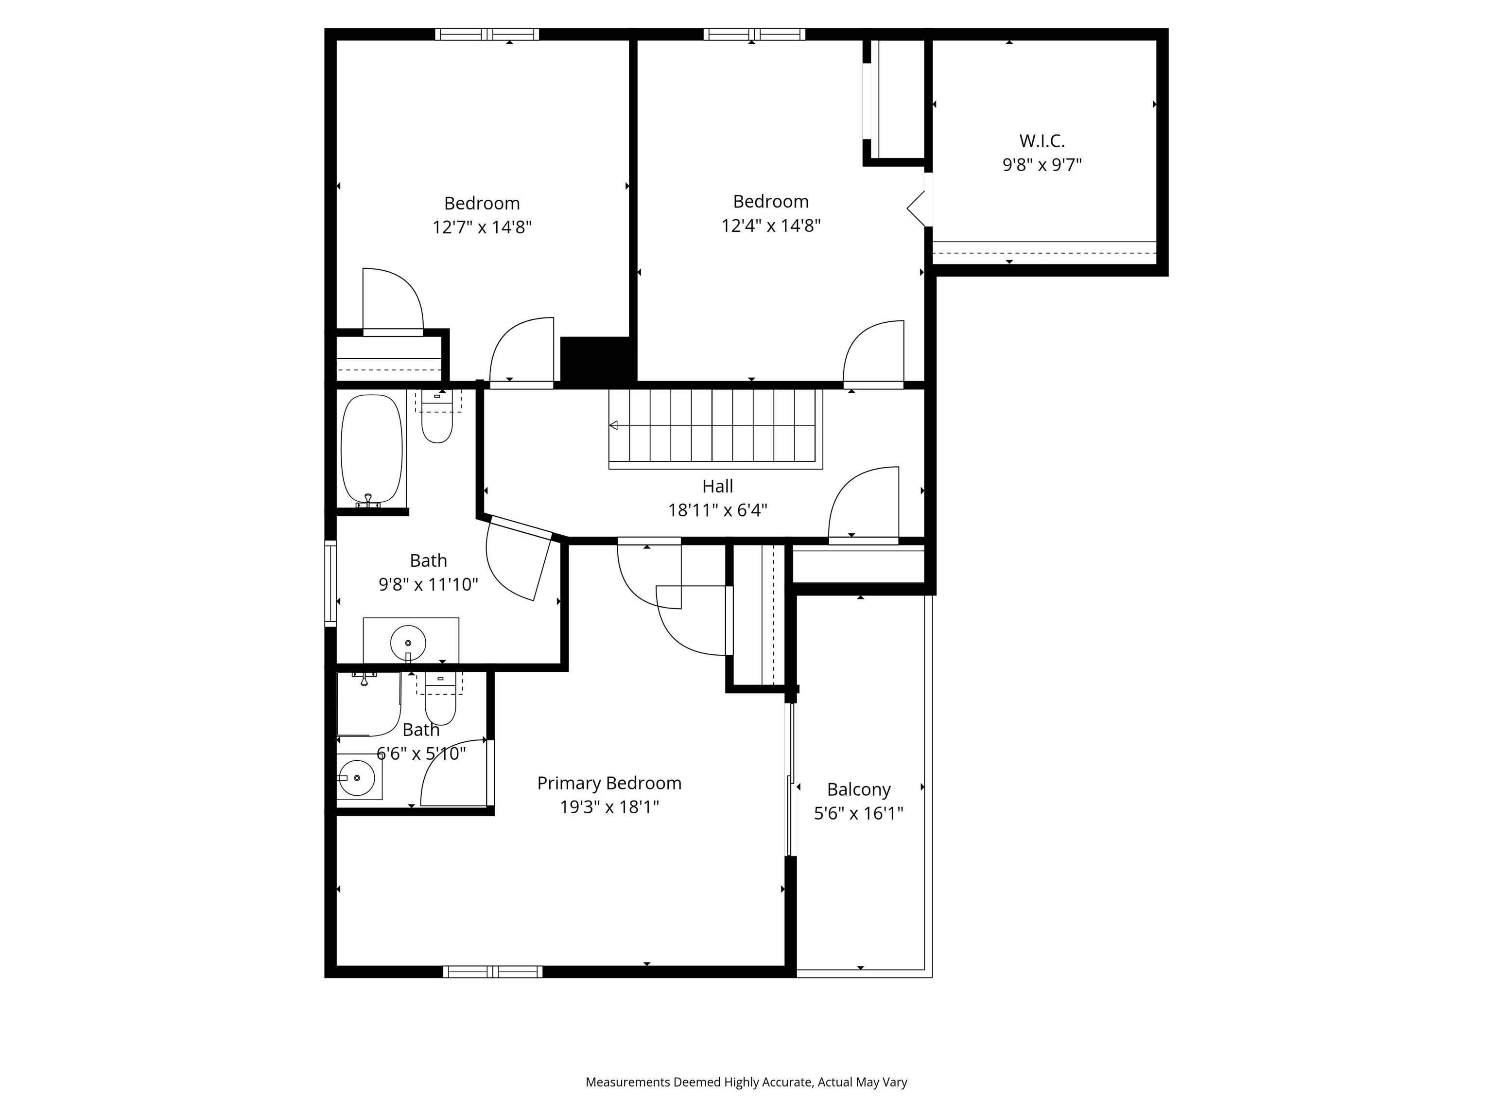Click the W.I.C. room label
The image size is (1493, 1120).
[1042, 141]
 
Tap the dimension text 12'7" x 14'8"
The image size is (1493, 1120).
[482, 227]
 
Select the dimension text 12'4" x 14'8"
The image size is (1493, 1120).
[771, 226]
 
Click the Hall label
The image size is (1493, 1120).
[717, 486]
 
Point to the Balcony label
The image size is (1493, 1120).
[859, 789]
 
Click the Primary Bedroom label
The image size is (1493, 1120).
[609, 783]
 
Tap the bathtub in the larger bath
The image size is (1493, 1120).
[371, 449]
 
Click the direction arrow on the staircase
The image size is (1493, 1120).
[613, 425]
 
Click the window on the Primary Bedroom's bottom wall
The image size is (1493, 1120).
[493, 971]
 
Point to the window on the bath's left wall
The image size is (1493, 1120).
[330, 581]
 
